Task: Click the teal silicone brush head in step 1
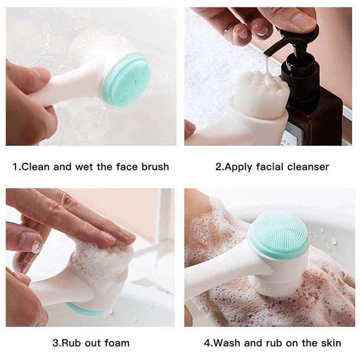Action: click(127, 80)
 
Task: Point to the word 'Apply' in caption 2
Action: click(238, 166)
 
